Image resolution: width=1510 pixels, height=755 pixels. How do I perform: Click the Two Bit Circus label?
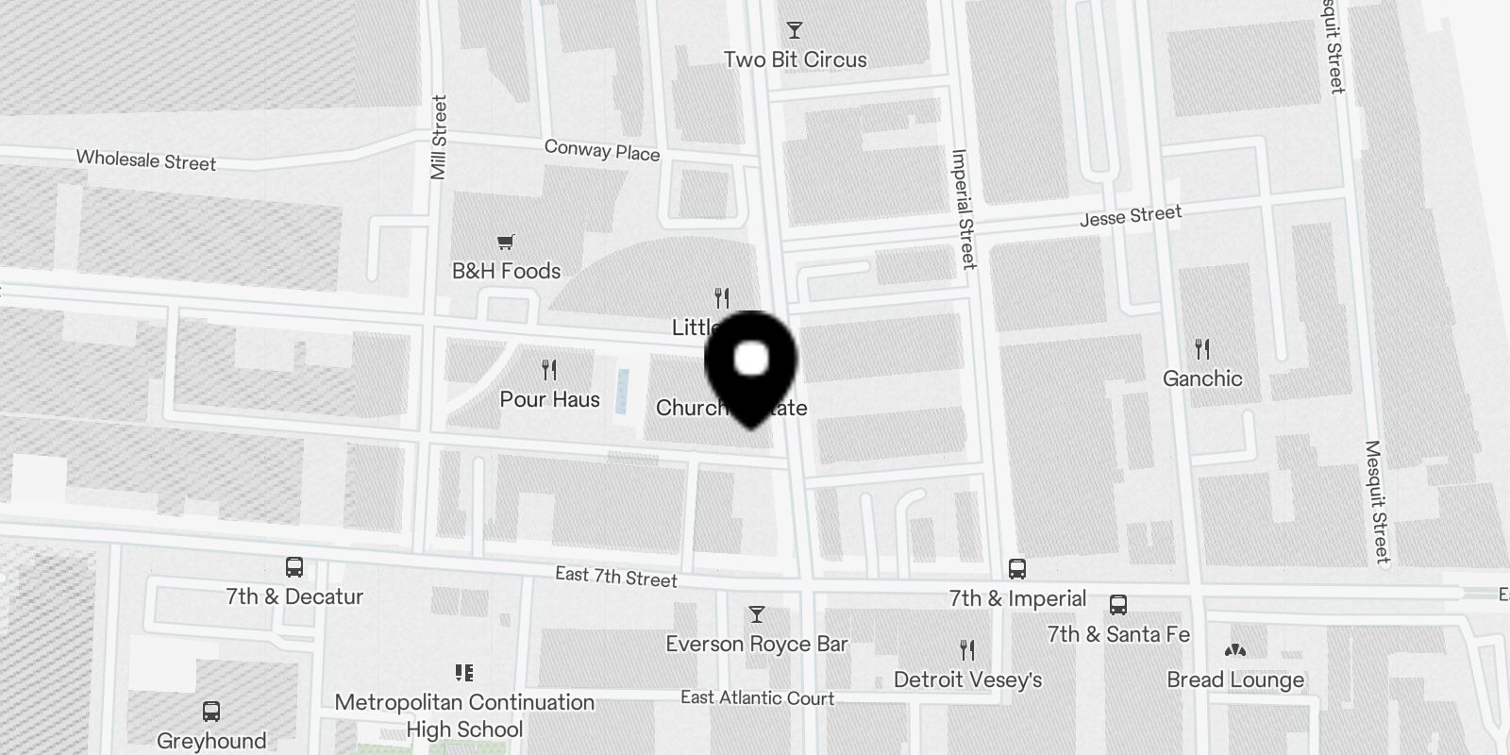(x=795, y=59)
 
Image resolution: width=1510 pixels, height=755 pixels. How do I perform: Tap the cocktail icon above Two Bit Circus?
(x=795, y=30)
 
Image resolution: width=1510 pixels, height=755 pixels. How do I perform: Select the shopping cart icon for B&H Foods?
(x=506, y=243)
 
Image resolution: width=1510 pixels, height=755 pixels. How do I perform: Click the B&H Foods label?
(x=506, y=271)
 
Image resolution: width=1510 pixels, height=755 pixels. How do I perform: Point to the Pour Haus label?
(x=549, y=399)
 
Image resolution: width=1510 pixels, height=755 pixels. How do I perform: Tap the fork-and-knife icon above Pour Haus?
(x=549, y=369)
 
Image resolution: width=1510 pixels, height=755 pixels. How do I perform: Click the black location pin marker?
(x=751, y=368)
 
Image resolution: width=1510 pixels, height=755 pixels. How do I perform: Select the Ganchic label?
(x=1201, y=378)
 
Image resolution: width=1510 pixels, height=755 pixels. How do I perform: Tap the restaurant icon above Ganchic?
(x=1201, y=349)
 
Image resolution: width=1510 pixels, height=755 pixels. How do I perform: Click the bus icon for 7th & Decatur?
(x=294, y=567)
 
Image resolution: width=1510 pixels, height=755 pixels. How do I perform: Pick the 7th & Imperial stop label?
(x=1017, y=598)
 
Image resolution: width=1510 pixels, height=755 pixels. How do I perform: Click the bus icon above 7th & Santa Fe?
(x=1118, y=605)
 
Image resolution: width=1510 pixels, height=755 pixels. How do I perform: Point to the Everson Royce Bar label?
(x=756, y=644)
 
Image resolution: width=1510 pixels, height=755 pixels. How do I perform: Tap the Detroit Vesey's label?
(x=967, y=679)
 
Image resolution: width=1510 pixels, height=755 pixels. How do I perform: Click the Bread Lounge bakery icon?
(x=1234, y=650)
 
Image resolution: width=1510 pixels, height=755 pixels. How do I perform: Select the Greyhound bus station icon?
(x=211, y=712)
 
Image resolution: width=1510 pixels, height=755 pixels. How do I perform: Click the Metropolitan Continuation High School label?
(x=464, y=715)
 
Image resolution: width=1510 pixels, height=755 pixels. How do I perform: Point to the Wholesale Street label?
(x=146, y=160)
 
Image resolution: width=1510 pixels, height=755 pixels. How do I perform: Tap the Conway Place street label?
(x=602, y=150)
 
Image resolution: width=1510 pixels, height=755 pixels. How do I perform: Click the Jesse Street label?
(x=1131, y=216)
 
